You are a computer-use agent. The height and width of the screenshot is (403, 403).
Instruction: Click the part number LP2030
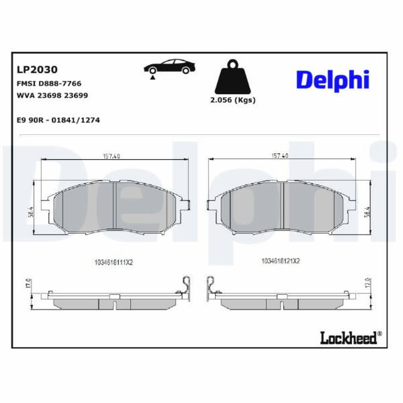click(x=37, y=70)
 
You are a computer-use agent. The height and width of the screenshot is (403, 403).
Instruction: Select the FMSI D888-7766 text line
click(x=49, y=83)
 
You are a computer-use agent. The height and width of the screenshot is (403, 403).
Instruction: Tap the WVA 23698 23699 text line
click(x=52, y=95)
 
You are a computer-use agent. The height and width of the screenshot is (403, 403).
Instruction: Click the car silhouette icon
click(x=169, y=66)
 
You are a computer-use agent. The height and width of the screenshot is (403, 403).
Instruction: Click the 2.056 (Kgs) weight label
click(x=233, y=100)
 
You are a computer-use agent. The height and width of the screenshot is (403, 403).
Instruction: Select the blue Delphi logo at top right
click(x=333, y=80)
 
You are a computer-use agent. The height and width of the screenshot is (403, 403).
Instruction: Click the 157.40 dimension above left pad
click(x=111, y=156)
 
